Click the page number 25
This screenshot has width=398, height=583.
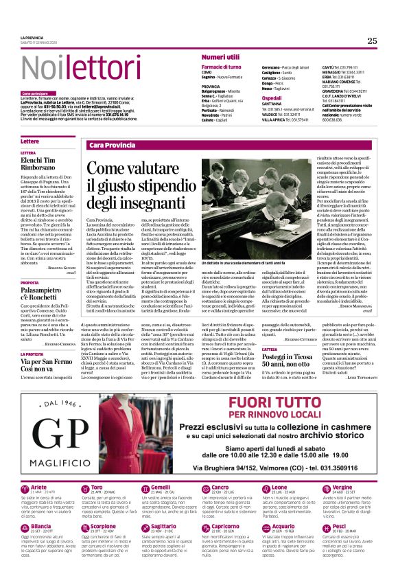coord(372,41)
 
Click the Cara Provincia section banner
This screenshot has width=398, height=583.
coord(113,145)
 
